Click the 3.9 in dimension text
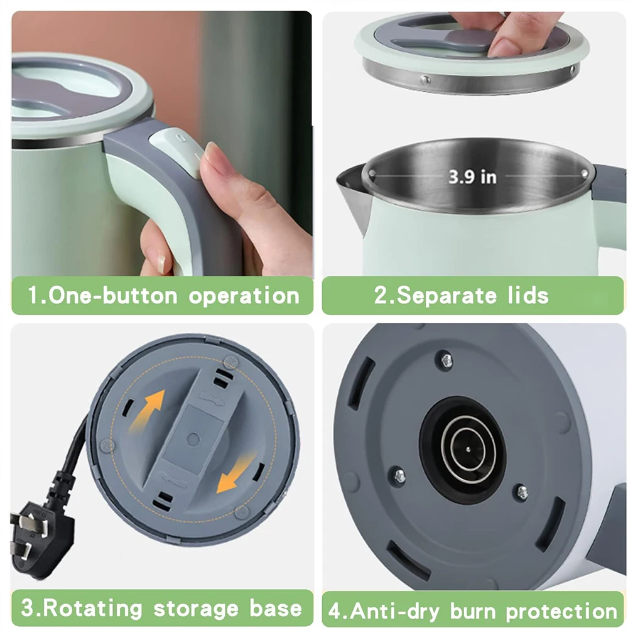coord(472,177)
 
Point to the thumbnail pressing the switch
coord(212,154)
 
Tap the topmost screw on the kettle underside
coord(447,360)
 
